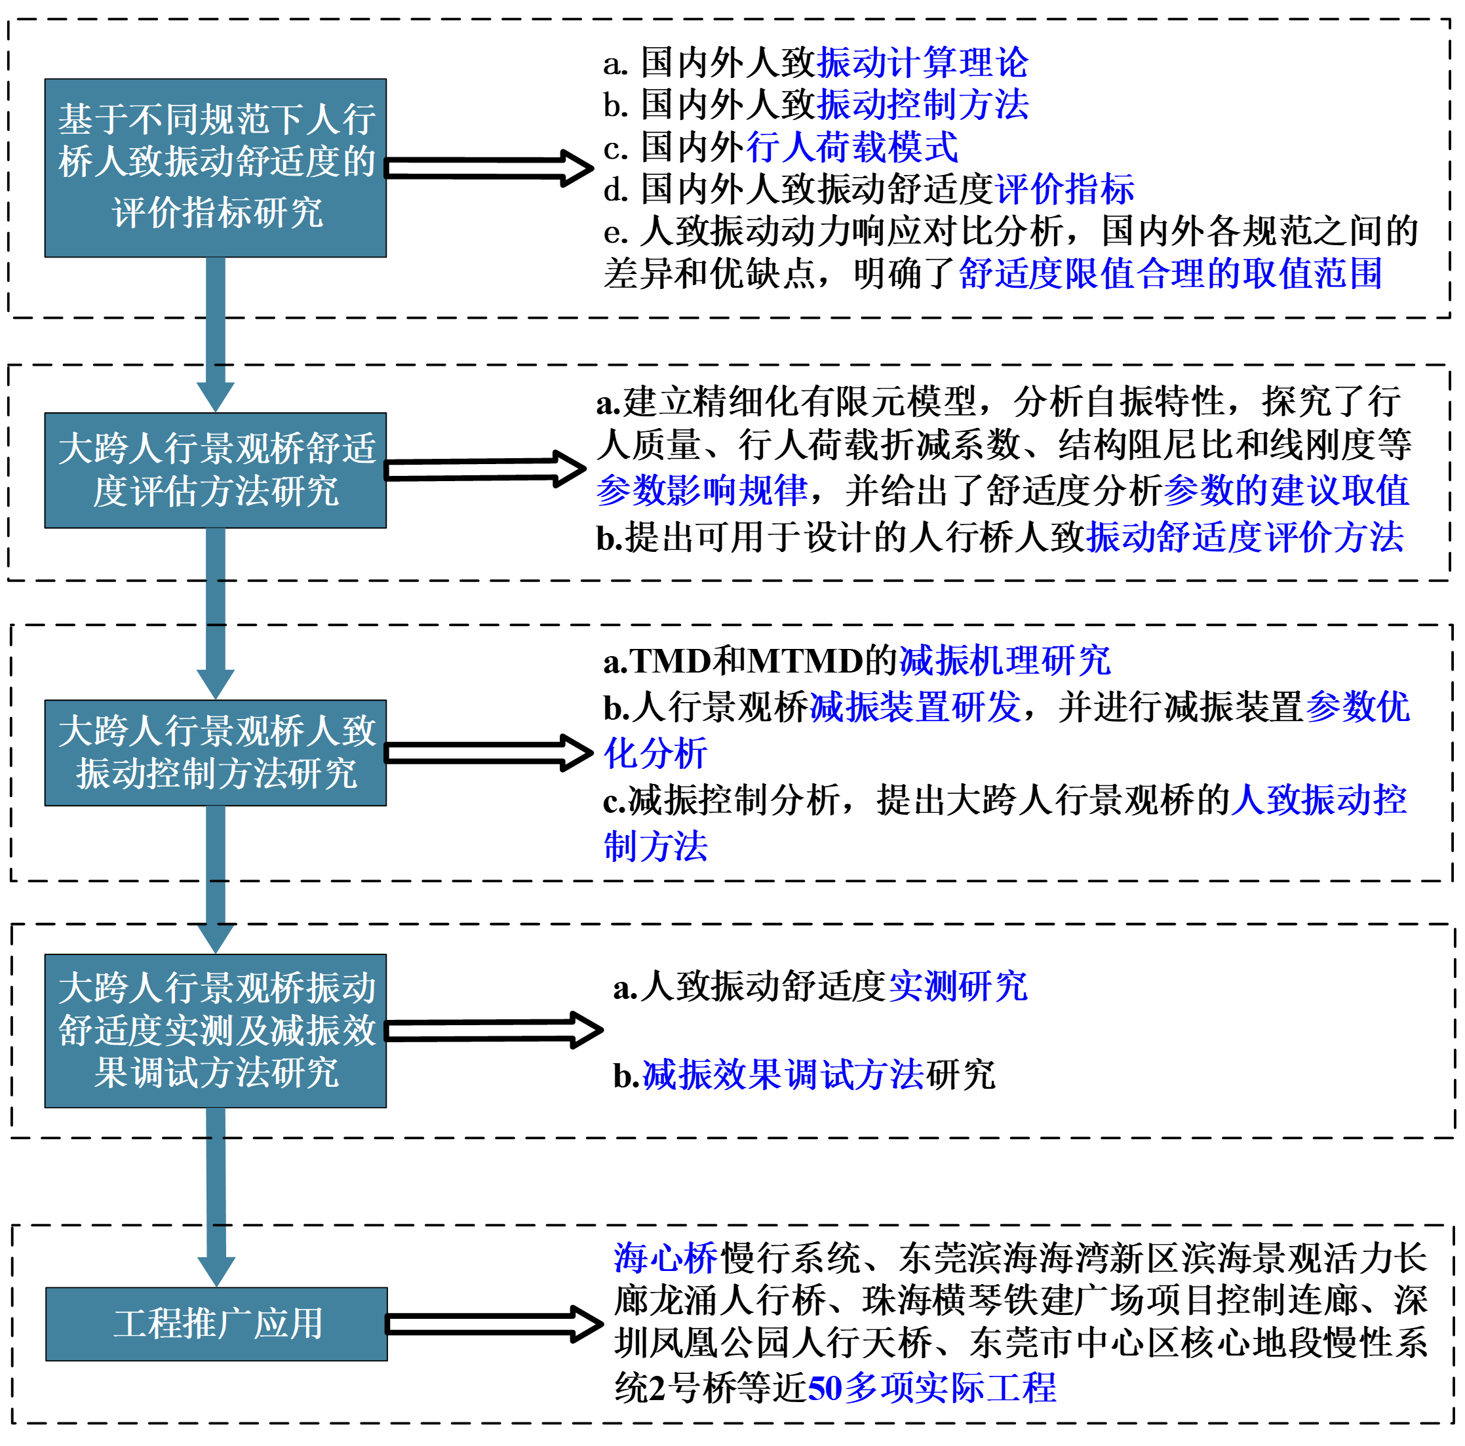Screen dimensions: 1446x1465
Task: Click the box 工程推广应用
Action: click(x=216, y=1323)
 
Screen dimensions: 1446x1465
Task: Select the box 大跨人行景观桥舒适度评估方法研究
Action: click(x=216, y=470)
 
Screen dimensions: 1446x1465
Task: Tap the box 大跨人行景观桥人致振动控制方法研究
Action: click(x=216, y=752)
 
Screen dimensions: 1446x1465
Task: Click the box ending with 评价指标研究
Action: click(x=216, y=168)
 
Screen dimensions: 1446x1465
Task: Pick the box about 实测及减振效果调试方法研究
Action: click(x=216, y=1030)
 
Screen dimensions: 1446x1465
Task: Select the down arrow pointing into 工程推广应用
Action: click(x=216, y=1198)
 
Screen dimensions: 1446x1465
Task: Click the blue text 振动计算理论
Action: click(x=922, y=62)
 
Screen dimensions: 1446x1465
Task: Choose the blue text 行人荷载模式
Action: click(x=851, y=147)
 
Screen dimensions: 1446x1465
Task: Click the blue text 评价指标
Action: click(x=1064, y=189)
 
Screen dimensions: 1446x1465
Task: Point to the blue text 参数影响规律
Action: click(x=701, y=490)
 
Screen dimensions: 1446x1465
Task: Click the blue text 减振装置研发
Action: click(x=915, y=707)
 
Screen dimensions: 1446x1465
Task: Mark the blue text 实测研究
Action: click(x=958, y=987)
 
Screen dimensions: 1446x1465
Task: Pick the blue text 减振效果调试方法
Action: click(x=783, y=1074)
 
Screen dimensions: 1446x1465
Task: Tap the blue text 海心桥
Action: click(x=665, y=1258)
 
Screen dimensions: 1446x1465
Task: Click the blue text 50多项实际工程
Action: click(x=932, y=1388)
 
